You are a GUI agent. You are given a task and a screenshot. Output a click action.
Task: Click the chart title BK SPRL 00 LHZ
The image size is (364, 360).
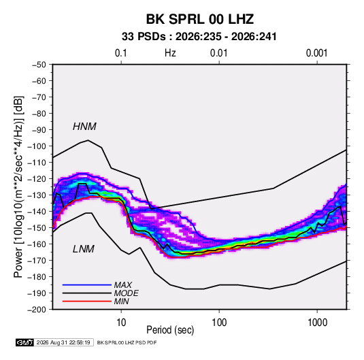pyautogui.click(x=199, y=19)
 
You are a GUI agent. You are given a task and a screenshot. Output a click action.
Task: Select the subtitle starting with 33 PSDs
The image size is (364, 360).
pyautogui.click(x=199, y=37)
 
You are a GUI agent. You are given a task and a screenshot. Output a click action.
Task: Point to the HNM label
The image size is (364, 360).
pyautogui.click(x=84, y=127)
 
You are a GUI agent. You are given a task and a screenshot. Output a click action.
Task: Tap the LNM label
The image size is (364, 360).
pyautogui.click(x=84, y=249)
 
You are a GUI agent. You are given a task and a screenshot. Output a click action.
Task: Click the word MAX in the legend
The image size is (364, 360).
pyautogui.click(x=123, y=284)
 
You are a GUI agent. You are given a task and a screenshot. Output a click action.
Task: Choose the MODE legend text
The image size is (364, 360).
pyautogui.click(x=127, y=293)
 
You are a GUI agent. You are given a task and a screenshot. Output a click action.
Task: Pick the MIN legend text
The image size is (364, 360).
pyautogui.click(x=121, y=301)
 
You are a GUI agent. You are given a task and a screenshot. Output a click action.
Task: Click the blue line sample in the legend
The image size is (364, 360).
pyautogui.click(x=87, y=285)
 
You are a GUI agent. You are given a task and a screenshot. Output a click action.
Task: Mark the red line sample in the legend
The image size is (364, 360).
pyautogui.click(x=87, y=301)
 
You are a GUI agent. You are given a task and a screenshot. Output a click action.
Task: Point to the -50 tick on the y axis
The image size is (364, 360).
pyautogui.click(x=39, y=65)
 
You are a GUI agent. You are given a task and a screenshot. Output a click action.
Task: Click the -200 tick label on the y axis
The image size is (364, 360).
pyautogui.click(x=37, y=310)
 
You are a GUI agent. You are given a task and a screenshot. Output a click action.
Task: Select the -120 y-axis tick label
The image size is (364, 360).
pyautogui.click(x=37, y=179)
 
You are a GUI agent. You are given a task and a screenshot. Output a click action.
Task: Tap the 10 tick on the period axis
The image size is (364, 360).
pyautogui.click(x=121, y=323)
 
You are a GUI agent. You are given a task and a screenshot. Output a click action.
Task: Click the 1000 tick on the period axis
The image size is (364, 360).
pyautogui.click(x=317, y=323)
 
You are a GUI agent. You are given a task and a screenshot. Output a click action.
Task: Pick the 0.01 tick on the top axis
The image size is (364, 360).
pyautogui.click(x=218, y=53)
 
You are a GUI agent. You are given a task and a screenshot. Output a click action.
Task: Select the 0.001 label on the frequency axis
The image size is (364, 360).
pyautogui.click(x=317, y=53)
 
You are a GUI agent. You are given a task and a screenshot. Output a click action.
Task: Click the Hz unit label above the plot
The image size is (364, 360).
pyautogui.click(x=170, y=53)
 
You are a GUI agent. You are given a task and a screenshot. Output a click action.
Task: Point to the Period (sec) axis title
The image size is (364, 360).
pyautogui.click(x=170, y=330)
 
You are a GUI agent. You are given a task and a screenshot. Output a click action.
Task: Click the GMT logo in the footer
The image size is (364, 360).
pyautogui.click(x=24, y=342)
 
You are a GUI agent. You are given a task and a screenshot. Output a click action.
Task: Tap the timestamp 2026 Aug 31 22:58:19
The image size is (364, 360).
pyautogui.click(x=63, y=342)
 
